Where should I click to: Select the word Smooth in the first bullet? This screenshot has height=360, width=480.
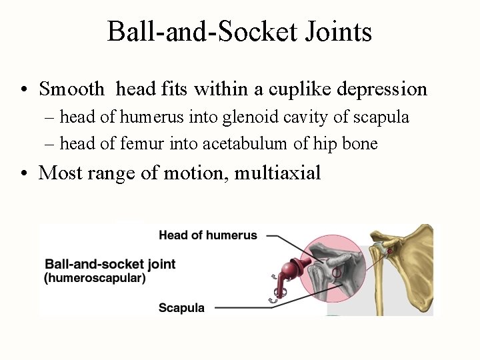pos(72,89)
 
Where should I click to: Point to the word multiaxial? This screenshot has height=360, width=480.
pos(278,173)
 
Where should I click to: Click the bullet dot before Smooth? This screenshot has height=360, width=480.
pos(23,90)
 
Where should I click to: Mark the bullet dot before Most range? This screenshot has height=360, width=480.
pos(23,174)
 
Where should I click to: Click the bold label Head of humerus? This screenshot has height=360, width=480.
pos(207,235)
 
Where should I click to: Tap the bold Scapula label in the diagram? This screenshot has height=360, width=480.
pos(181,308)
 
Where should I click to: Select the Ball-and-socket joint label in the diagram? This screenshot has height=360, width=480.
pos(109,264)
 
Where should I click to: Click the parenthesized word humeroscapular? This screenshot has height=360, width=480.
pos(95,278)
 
